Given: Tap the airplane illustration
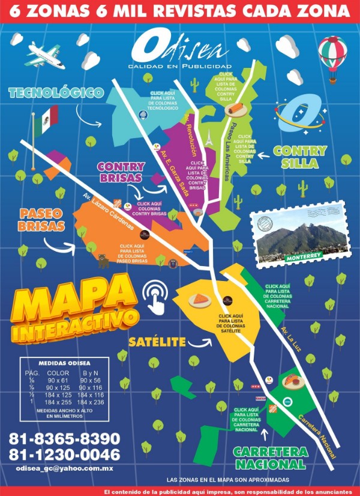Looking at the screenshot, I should pyautogui.click(x=45, y=55).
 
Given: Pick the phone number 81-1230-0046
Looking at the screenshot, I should pyautogui.click(x=64, y=455).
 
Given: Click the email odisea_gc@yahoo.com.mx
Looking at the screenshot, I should pyautogui.click(x=65, y=468).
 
